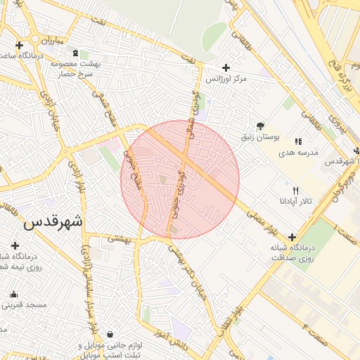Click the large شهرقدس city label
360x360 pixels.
[53, 221]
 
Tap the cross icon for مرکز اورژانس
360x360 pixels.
[225, 67]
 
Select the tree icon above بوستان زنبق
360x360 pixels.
[261, 124]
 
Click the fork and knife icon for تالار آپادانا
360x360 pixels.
[295, 191]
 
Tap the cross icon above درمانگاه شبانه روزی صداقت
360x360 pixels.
[292, 237]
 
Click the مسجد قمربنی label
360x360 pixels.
[24, 305]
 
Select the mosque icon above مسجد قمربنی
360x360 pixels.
[13, 294]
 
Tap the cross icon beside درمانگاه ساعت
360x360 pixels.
[8, 46]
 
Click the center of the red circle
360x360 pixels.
[180, 180]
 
